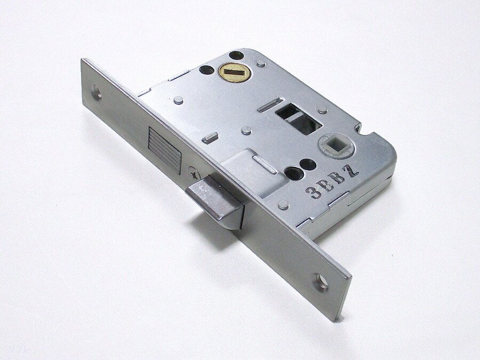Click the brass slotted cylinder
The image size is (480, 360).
(x=235, y=71)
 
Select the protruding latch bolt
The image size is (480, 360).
(x=215, y=202)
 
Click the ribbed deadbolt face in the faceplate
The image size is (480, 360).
(x=164, y=150)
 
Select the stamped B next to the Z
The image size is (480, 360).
(x=340, y=179)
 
